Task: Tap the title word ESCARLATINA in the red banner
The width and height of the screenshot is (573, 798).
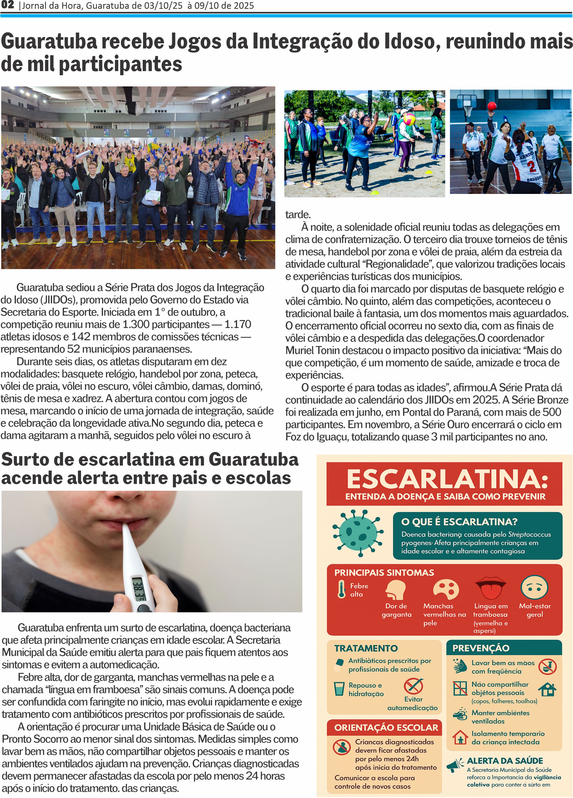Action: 447,479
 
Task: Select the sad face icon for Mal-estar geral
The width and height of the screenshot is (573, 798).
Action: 534,587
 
